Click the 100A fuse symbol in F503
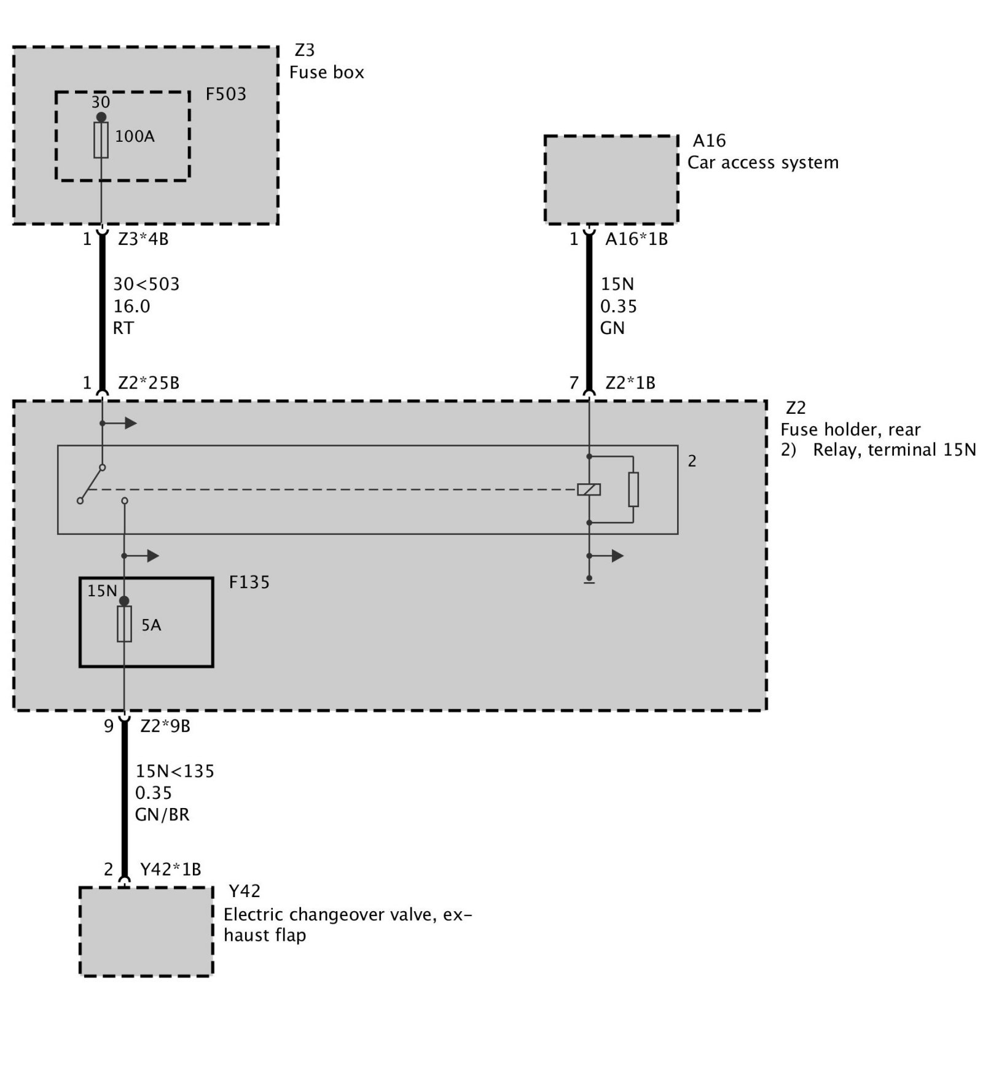coord(101,140)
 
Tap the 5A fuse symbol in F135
coord(124,624)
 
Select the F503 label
coord(225,94)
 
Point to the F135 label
coord(249,582)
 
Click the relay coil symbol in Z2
coord(589,489)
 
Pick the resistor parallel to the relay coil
coord(633,489)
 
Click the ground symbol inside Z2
coord(589,580)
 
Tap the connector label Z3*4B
coord(143,239)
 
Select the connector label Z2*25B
coord(149,383)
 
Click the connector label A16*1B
coord(636,239)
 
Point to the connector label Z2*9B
coord(165,726)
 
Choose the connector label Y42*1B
coord(171,869)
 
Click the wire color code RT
coord(123,329)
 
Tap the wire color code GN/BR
coord(162,815)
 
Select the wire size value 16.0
coord(131,306)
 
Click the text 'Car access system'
coord(762,163)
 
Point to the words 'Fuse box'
coord(326,72)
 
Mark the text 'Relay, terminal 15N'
coord(894,450)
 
